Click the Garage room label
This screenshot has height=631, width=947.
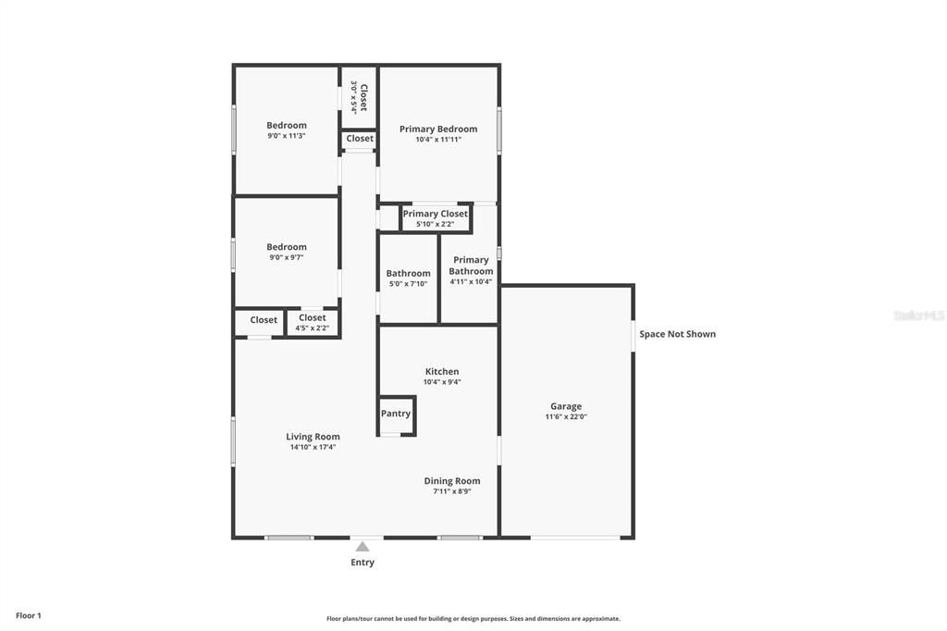(566, 406)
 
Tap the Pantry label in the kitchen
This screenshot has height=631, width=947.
(396, 414)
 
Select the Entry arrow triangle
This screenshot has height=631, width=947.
(363, 547)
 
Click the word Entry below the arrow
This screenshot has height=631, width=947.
(363, 563)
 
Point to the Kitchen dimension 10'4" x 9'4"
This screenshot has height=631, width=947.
(442, 382)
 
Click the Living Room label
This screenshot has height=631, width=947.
(313, 437)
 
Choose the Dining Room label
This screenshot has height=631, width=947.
(452, 480)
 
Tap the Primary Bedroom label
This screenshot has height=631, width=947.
(438, 129)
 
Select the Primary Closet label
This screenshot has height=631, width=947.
(435, 214)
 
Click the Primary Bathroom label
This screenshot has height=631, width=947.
(471, 266)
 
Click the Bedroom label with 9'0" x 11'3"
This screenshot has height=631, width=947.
(287, 126)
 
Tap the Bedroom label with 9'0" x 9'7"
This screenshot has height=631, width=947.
(287, 247)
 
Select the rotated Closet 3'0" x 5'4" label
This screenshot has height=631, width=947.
(359, 97)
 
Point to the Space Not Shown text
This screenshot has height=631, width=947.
(677, 334)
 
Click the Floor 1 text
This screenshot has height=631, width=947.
(29, 615)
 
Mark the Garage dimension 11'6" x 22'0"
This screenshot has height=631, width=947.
(566, 417)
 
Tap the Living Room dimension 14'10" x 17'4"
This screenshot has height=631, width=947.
(313, 447)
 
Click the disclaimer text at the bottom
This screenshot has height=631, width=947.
(473, 619)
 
